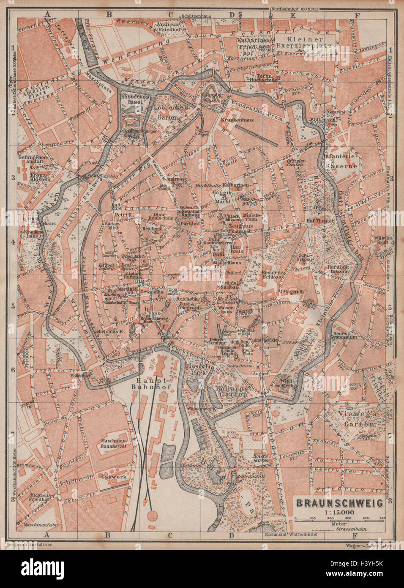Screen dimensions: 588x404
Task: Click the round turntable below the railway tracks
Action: pyautogui.click(x=153, y=516)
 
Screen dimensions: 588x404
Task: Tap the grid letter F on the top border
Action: pyautogui.click(x=358, y=14)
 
